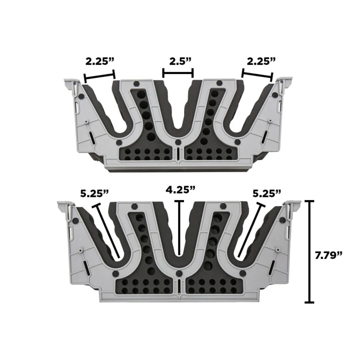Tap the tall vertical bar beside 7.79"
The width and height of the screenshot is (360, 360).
pyautogui.click(x=310, y=252)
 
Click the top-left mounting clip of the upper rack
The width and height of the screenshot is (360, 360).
pyautogui.click(x=72, y=84)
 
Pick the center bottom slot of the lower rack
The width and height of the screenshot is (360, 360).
pyautogui.click(x=179, y=287)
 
